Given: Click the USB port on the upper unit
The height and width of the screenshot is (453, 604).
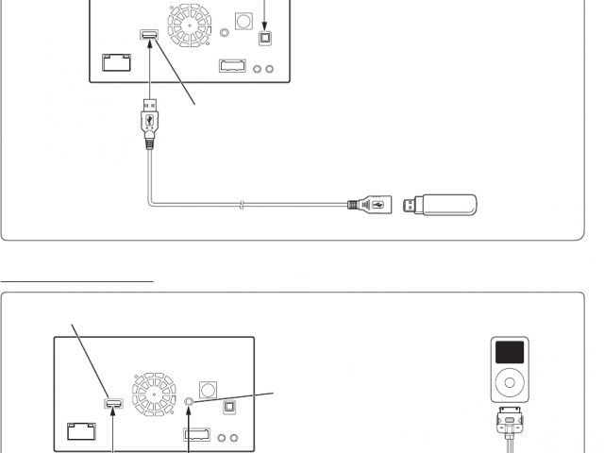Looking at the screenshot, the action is pyautogui.click(x=148, y=36).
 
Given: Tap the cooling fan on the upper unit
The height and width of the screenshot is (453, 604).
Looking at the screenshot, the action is pyautogui.click(x=190, y=25).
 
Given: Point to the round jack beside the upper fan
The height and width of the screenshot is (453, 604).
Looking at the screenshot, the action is pyautogui.click(x=224, y=33).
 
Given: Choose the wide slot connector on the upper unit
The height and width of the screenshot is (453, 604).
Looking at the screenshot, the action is pyautogui.click(x=232, y=67).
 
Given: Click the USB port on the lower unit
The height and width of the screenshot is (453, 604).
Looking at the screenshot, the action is pyautogui.click(x=113, y=404).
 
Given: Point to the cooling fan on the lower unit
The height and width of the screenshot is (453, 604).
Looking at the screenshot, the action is pyautogui.click(x=155, y=394).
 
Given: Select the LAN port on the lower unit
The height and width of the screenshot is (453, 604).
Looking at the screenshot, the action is pyautogui.click(x=82, y=431).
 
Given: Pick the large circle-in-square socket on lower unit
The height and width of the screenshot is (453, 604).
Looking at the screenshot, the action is pyautogui.click(x=209, y=389).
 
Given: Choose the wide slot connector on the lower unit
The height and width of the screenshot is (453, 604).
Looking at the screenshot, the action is pyautogui.click(x=196, y=436).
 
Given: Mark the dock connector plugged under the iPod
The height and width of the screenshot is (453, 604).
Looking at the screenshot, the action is pyautogui.click(x=510, y=419).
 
